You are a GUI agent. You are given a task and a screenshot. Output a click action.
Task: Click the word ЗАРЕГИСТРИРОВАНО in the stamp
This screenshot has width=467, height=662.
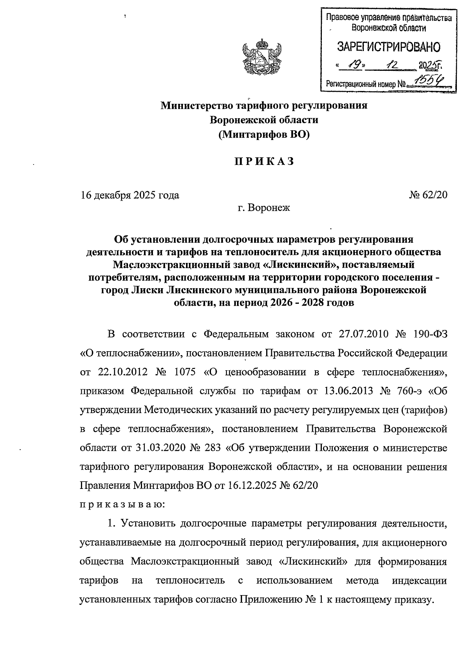click(388, 47)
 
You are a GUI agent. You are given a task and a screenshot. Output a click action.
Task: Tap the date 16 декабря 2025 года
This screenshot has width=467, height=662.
click(130, 195)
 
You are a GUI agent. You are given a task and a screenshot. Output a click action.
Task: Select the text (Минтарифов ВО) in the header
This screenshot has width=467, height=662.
click(264, 135)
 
